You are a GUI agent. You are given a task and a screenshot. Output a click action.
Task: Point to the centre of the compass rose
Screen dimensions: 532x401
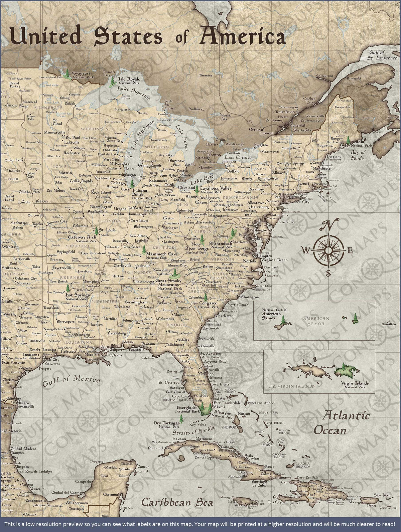(328, 250)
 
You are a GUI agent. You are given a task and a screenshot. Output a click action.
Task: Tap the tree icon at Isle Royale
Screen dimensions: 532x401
(113, 80)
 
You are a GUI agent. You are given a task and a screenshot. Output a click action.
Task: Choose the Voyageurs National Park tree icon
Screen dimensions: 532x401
(68, 74)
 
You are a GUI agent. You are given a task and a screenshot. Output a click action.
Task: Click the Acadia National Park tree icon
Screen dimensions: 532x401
(348, 140)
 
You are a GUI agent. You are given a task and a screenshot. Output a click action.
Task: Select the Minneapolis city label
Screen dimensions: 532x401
(54, 132)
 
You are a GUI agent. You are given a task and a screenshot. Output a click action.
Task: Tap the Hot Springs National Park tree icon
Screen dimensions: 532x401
(68, 288)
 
